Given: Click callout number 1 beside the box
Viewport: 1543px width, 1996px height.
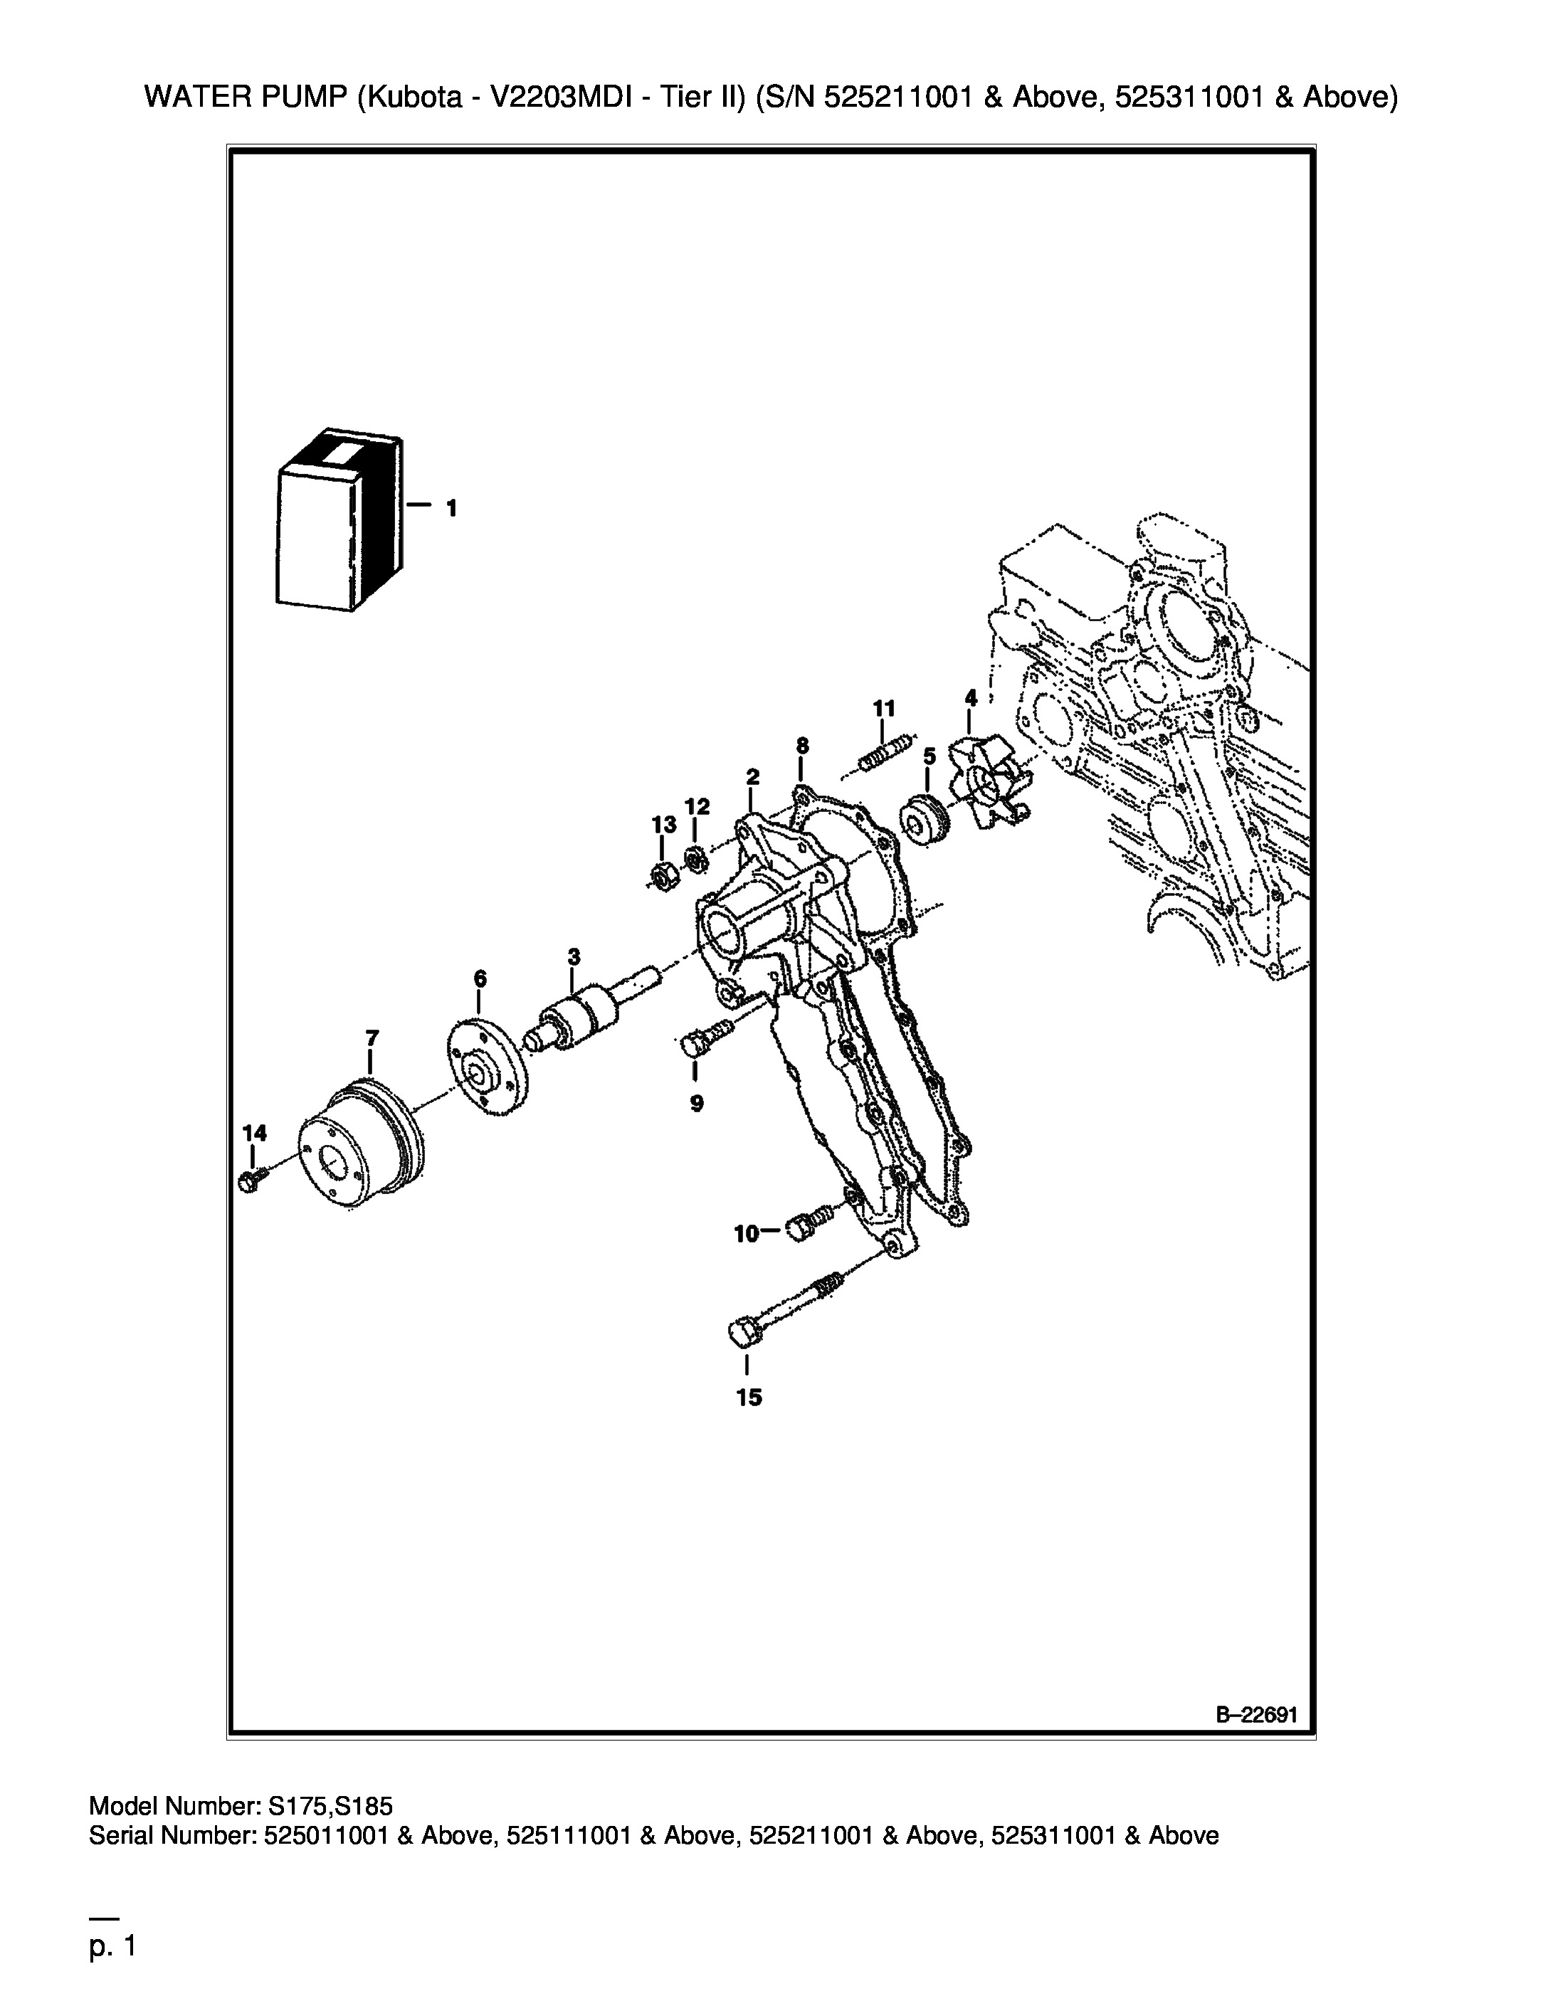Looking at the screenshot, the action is click(x=451, y=508).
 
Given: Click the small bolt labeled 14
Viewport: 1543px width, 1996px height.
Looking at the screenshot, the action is click(x=251, y=1179).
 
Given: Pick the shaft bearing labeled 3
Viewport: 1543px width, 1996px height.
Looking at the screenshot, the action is click(x=592, y=1013).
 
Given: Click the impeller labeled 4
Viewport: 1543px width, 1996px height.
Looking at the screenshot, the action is click(x=990, y=784).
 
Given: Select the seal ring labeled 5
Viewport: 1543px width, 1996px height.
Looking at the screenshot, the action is click(x=926, y=820).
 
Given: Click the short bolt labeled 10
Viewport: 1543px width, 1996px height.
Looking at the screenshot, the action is click(x=813, y=1220).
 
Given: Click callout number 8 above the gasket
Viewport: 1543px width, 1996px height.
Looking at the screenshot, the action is click(x=801, y=746).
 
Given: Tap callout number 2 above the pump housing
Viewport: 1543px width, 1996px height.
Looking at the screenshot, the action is click(x=752, y=778).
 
